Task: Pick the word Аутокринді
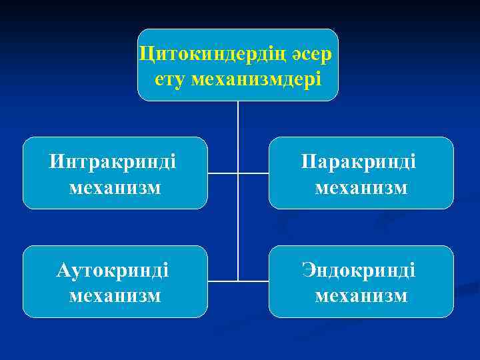(113, 270)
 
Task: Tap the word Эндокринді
(359, 270)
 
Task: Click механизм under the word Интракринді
(115, 187)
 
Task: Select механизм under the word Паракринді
(361, 187)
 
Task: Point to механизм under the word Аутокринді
(115, 295)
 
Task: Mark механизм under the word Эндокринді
(361, 295)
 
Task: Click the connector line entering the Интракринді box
(223, 173)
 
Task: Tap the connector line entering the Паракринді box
(253, 173)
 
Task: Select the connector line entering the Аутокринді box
(223, 281)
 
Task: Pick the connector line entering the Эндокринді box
(253, 281)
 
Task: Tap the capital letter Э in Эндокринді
(309, 270)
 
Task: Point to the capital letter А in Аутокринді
(64, 270)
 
